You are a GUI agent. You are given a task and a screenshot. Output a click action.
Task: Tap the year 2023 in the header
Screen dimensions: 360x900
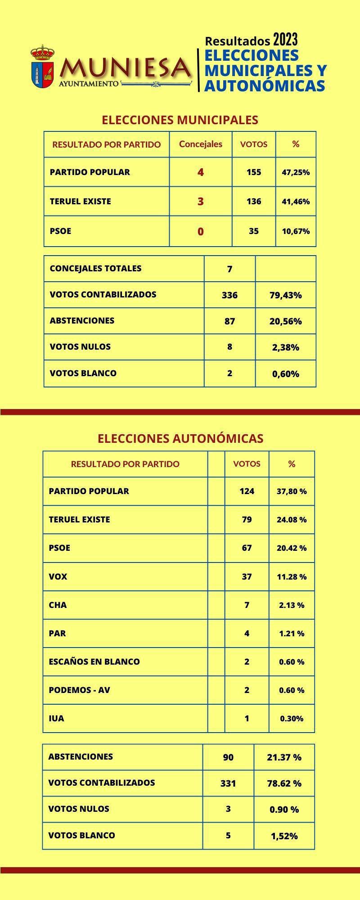pyautogui.click(x=285, y=40)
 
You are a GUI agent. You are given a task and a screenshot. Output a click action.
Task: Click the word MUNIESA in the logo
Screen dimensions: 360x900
pyautogui.click(x=126, y=68)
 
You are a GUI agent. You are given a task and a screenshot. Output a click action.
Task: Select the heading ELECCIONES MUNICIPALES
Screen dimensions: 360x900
pyautogui.click(x=180, y=120)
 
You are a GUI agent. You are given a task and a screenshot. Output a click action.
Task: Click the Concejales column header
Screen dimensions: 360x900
pyautogui.click(x=201, y=144)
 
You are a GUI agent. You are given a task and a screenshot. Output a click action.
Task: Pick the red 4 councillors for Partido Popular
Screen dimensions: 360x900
pyautogui.click(x=201, y=172)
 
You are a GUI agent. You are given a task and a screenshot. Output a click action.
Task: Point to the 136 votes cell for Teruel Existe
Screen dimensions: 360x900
pyautogui.click(x=254, y=201)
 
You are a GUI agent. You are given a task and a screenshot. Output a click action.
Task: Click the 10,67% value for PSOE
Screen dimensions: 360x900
pyautogui.click(x=296, y=231)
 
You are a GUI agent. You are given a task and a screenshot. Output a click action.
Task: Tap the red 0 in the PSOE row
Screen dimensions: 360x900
pyautogui.click(x=201, y=232)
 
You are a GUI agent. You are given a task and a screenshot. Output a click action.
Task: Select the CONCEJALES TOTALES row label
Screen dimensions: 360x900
pyautogui.click(x=95, y=269)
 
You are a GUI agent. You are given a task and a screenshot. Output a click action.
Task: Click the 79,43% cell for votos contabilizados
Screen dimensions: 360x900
pyautogui.click(x=285, y=295)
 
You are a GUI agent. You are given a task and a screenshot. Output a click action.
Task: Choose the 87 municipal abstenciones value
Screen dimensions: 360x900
pyautogui.click(x=229, y=321)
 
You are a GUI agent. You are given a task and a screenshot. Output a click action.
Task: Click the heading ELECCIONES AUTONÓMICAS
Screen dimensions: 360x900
pyautogui.click(x=180, y=439)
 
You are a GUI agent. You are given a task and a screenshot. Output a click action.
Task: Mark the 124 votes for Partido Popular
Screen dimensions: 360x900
pyautogui.click(x=247, y=491)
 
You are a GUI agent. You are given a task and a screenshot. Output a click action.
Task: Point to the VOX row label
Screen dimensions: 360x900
pyautogui.click(x=58, y=576)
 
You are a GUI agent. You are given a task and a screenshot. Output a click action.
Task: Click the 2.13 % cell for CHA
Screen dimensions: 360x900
pyautogui.click(x=292, y=605)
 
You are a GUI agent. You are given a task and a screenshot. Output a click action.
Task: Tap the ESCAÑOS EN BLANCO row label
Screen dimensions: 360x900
pyautogui.click(x=94, y=661)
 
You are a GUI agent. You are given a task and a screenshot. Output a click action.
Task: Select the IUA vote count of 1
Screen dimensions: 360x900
pyautogui.click(x=247, y=719)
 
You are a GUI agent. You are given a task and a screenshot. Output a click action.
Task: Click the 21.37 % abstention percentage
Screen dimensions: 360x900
pyautogui.click(x=284, y=757)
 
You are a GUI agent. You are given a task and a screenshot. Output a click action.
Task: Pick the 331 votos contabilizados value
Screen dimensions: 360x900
pyautogui.click(x=228, y=783)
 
